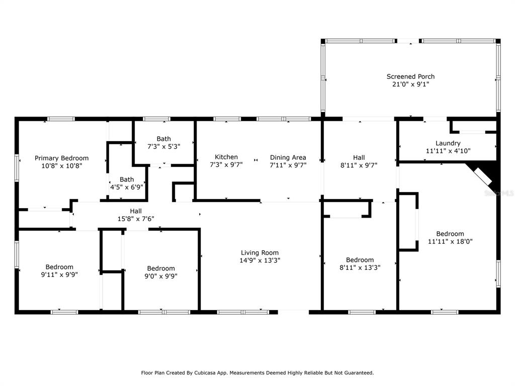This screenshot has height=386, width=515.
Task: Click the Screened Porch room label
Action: tap(410, 76)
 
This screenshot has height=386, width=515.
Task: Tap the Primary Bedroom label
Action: tap(62, 158)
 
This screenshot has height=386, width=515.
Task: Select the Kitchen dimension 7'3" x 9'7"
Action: tap(226, 164)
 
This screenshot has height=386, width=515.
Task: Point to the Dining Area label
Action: tap(288, 157)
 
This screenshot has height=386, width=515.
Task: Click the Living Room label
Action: tap(260, 253)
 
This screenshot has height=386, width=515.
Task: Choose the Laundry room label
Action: tap(448, 143)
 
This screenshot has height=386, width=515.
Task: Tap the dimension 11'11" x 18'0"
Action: tap(450, 242)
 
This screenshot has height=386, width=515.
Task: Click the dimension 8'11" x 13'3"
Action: tap(360, 267)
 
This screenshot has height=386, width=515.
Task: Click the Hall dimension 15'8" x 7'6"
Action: tap(136, 219)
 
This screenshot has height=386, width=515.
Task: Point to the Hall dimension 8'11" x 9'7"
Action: tap(359, 165)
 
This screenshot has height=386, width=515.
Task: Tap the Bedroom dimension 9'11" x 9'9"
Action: tap(59, 275)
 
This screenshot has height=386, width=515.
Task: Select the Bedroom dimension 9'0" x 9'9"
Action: tap(161, 276)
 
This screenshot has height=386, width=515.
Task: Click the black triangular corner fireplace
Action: tap(488, 174)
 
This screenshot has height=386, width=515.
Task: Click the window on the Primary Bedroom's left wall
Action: tap(17, 168)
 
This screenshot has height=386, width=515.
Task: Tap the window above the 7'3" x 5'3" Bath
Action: tap(157, 119)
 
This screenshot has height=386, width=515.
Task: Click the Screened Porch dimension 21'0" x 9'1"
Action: tap(410, 84)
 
